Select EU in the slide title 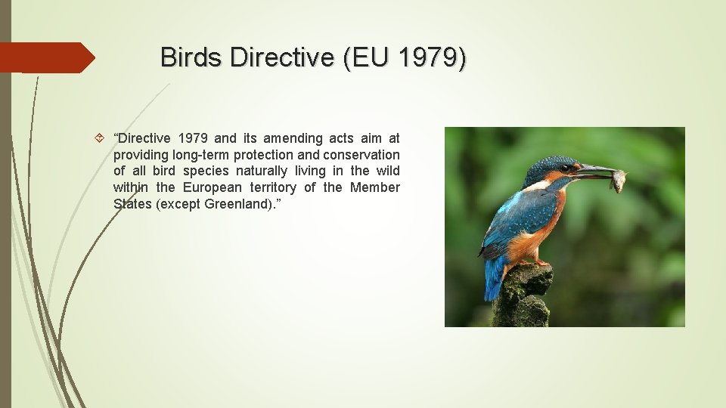click(367, 57)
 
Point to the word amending click(293, 138)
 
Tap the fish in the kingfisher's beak click(619, 180)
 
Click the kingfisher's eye click(565, 168)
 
